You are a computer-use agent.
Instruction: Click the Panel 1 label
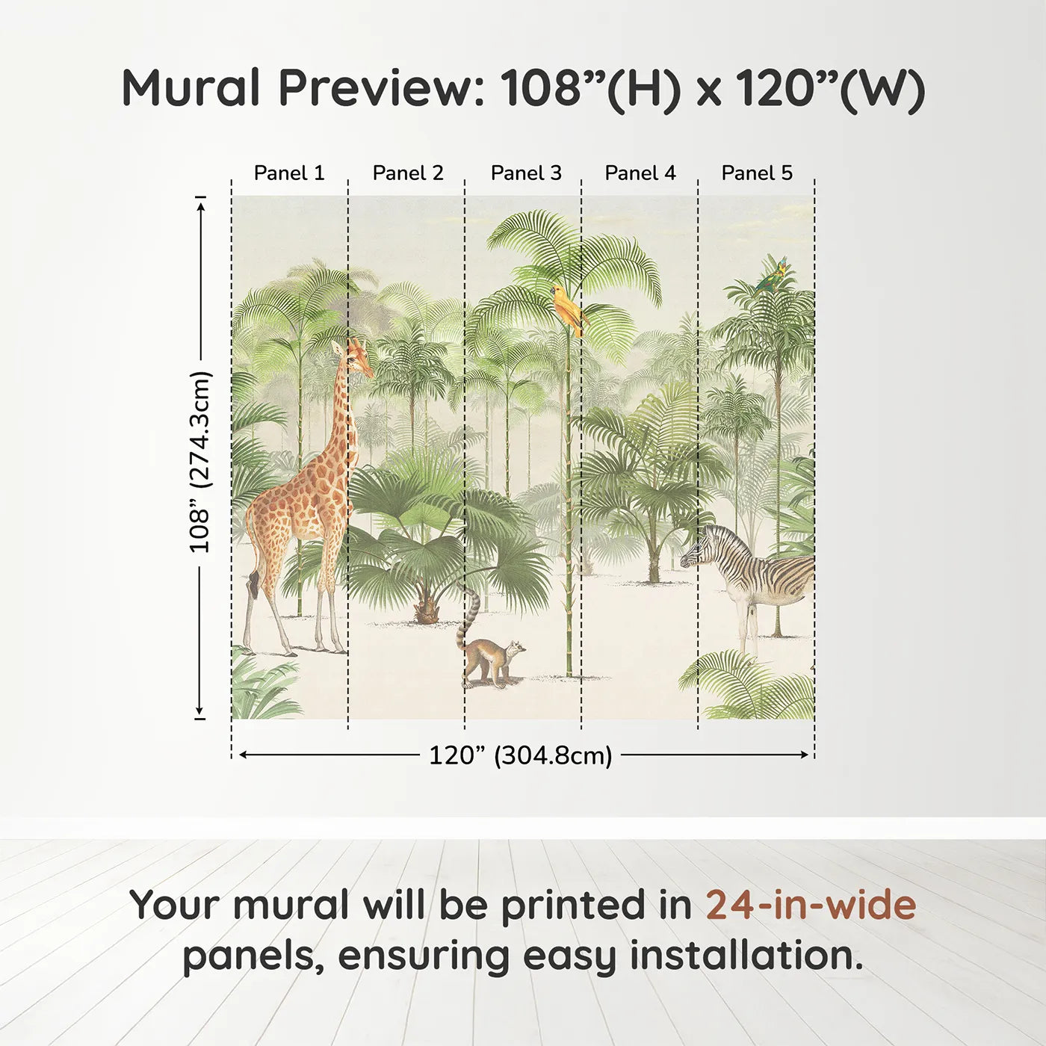289,173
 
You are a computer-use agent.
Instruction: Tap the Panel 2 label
408,173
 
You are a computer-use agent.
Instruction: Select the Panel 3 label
526,173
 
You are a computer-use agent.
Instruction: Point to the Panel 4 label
640,173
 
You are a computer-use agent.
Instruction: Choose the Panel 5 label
757,173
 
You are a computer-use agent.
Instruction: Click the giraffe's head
356,356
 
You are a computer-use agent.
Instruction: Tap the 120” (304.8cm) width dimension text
520,755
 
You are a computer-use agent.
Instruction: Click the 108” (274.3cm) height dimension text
200,462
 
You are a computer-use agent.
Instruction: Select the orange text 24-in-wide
811,906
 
